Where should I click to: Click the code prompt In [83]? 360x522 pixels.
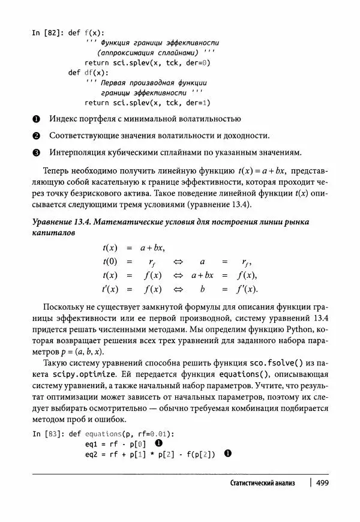(47, 434)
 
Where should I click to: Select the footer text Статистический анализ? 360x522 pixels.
(263, 484)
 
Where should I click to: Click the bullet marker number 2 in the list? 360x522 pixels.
(36, 135)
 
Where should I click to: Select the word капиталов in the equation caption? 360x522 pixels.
(53, 233)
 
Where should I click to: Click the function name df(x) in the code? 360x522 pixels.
(94, 73)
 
